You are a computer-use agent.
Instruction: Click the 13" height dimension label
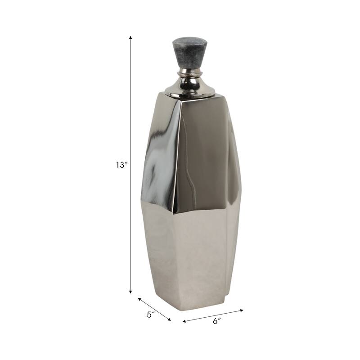coord(121,165)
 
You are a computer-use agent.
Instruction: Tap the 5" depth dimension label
coord(151,314)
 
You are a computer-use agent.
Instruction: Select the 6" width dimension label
coord(216,321)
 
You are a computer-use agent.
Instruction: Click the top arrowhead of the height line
coord(130,38)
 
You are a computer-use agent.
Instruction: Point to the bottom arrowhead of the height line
coord(130,292)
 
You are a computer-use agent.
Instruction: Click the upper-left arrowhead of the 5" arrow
coord(139,299)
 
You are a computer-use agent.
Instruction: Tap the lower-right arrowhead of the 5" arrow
coord(169,319)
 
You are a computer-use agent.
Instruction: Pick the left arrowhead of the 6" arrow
coord(184,321)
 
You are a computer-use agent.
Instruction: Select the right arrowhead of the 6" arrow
coord(242,310)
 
